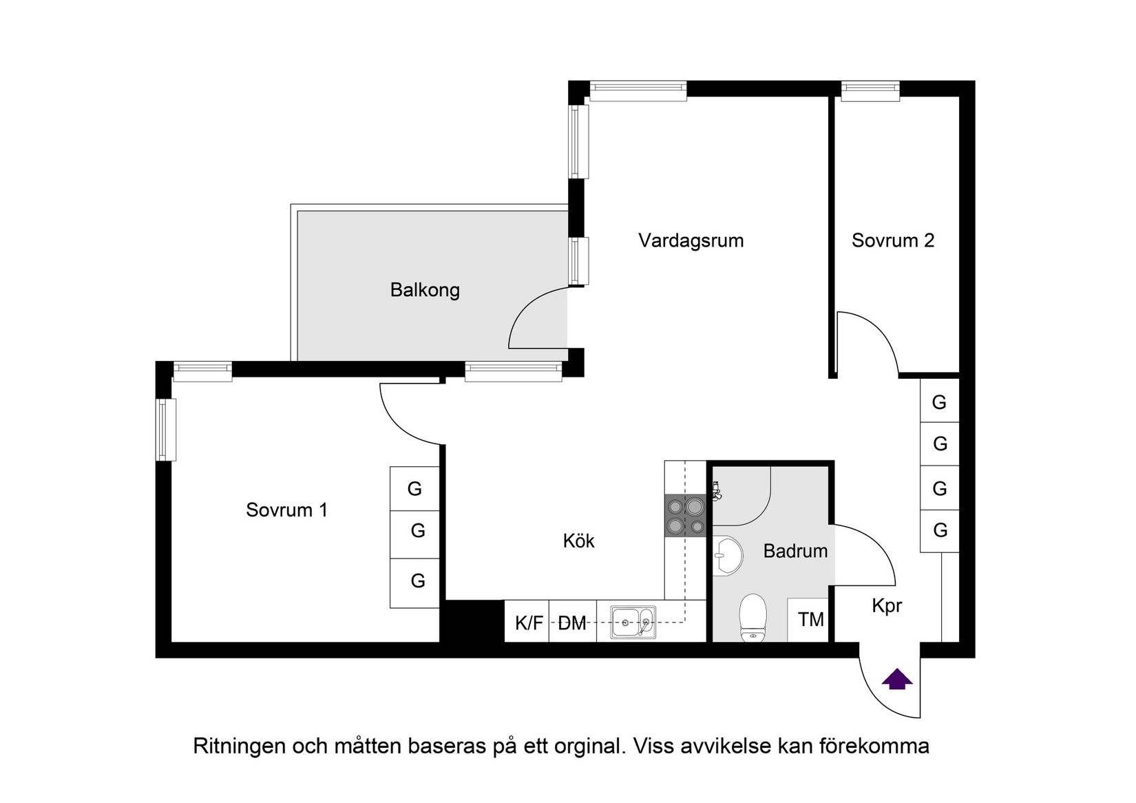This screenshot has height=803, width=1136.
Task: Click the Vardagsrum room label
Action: click(691, 241)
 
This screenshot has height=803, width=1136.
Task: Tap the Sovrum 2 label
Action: click(892, 241)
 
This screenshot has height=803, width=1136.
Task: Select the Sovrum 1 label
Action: click(286, 510)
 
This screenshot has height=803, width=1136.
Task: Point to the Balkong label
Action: click(425, 290)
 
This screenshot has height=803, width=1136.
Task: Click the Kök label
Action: click(578, 541)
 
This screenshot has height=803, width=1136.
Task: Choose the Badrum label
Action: click(795, 551)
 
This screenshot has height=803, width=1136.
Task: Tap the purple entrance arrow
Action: click(897, 680)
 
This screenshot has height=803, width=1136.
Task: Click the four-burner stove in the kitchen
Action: click(686, 516)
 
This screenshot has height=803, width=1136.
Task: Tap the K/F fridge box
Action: click(528, 623)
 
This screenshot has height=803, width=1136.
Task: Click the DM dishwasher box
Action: click(572, 623)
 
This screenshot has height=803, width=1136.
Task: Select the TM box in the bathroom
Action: click(810, 620)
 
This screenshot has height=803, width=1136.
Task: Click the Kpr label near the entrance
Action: click(886, 606)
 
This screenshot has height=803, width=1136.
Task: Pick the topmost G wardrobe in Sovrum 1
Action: click(414, 489)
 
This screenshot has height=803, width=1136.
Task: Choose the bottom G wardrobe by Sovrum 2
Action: click(940, 530)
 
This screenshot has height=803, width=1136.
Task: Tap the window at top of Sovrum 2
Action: click(870, 91)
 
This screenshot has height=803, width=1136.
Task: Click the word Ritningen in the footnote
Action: click(238, 746)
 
